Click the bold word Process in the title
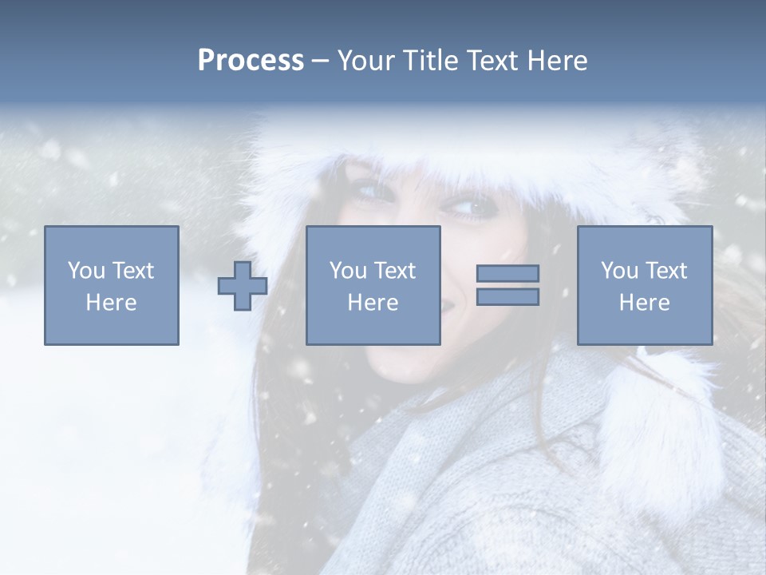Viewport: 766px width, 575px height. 251,61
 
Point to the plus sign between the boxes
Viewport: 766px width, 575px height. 243,285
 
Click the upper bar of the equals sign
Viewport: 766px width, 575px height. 507,273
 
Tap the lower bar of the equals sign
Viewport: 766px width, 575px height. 507,296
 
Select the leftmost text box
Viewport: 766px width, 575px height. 112,285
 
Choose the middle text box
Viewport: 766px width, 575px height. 373,285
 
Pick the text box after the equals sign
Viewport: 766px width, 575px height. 645,285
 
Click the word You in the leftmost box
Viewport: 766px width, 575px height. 86,271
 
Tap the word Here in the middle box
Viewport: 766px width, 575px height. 373,303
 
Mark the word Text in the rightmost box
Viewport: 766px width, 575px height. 666,271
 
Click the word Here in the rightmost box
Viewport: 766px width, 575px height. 645,303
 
